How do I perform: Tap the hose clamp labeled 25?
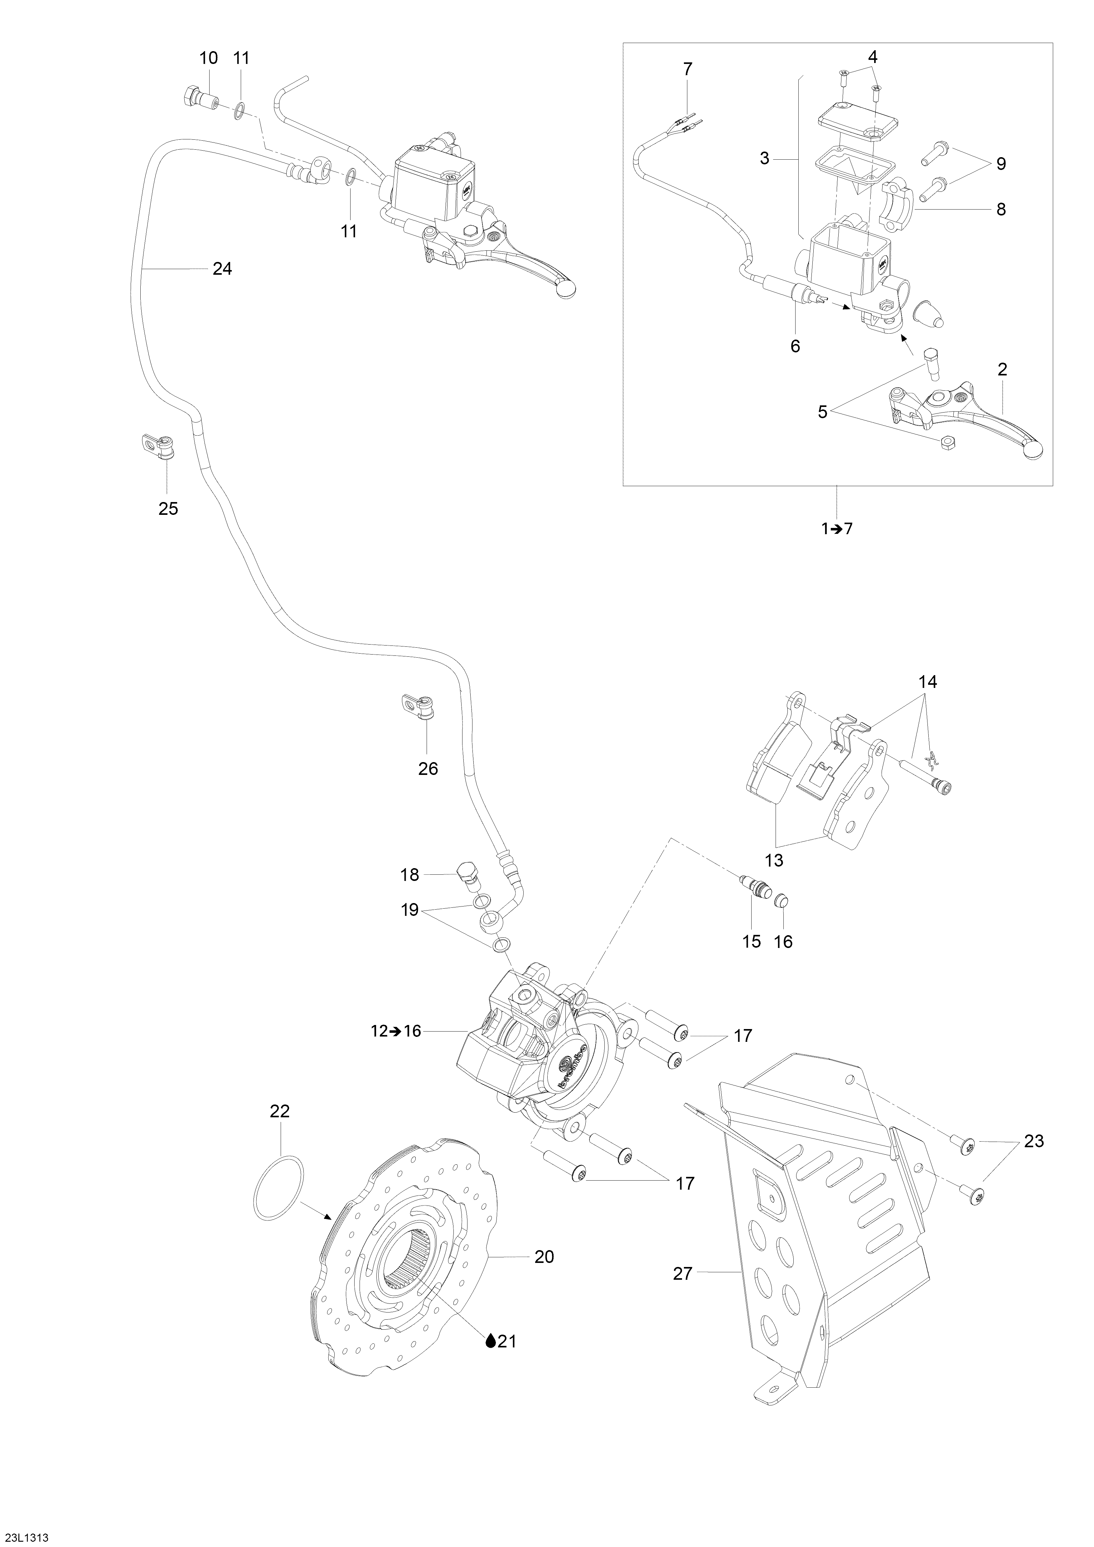point(158,447)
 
